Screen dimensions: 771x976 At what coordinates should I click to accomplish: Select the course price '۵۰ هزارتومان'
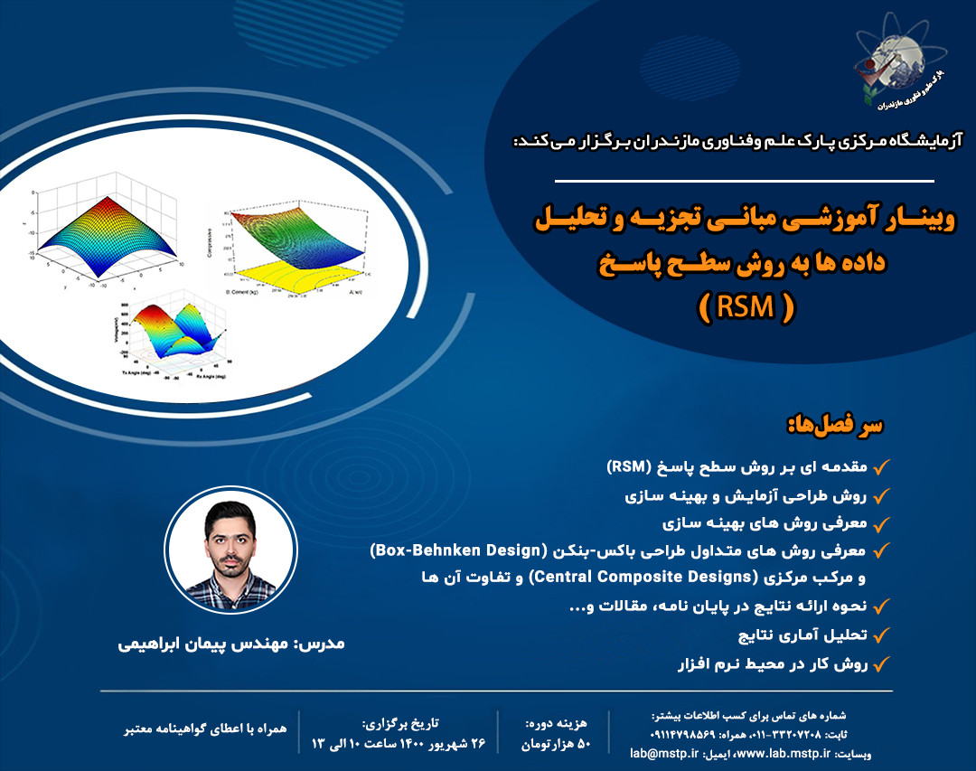557,744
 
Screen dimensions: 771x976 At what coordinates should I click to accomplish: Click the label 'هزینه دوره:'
557,723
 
